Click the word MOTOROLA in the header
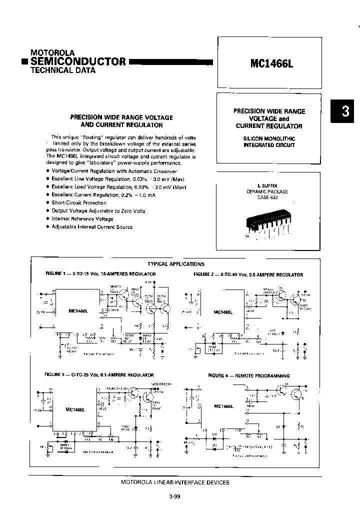coord(52,52)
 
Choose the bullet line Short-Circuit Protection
coord(79,202)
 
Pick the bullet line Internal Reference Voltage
coord(82,218)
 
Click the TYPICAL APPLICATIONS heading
coord(176,263)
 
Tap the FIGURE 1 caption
coord(100,274)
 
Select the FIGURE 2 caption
coord(248,274)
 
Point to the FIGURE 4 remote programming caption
coord(249,375)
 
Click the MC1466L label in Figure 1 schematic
coord(78,310)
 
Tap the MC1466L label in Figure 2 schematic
coord(223,311)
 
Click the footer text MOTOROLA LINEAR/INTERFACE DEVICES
coord(175,482)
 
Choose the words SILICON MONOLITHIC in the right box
coord(269,138)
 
